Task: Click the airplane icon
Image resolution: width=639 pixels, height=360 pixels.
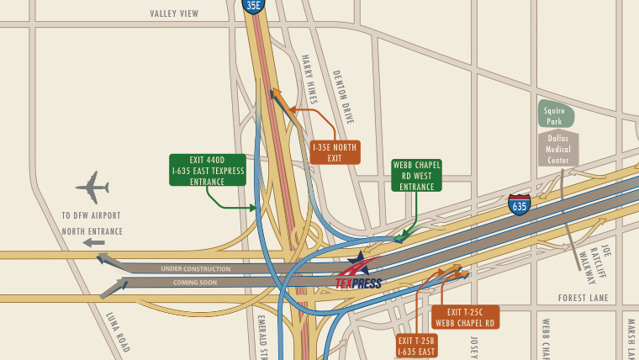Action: click(x=92, y=187)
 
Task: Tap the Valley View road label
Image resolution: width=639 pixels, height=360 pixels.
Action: click(x=174, y=13)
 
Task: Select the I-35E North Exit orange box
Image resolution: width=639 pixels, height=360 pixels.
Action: click(x=335, y=152)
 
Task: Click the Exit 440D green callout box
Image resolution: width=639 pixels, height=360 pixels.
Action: click(x=207, y=170)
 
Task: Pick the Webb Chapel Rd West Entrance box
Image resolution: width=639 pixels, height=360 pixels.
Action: click(x=416, y=175)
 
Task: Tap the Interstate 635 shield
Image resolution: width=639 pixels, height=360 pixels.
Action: click(x=519, y=204)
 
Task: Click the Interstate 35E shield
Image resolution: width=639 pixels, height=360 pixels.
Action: click(x=253, y=6)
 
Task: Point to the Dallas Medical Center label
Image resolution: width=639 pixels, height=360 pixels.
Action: click(x=558, y=148)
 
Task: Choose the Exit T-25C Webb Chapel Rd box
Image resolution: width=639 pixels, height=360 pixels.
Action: click(x=465, y=317)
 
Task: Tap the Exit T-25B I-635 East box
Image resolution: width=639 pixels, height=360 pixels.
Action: click(x=417, y=346)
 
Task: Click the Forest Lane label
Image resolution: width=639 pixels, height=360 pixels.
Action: click(x=583, y=298)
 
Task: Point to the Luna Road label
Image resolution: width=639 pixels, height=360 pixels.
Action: click(x=118, y=331)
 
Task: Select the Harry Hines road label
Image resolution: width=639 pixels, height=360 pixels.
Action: click(x=309, y=78)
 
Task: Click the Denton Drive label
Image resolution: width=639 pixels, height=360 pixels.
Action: click(x=343, y=97)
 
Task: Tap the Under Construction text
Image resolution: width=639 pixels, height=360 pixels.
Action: click(x=195, y=268)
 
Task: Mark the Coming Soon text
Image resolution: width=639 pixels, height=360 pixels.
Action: click(x=195, y=283)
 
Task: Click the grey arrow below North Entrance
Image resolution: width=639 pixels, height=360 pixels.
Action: click(x=93, y=243)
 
